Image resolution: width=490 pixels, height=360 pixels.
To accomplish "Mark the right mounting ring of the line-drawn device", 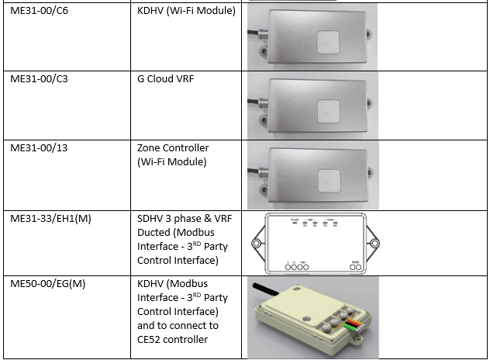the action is [x=376, y=244].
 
